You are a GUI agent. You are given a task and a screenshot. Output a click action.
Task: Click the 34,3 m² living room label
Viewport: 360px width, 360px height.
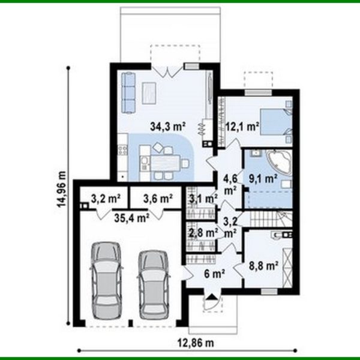[167, 127]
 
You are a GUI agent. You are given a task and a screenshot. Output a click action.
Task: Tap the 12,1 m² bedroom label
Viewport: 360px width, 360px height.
[242, 127]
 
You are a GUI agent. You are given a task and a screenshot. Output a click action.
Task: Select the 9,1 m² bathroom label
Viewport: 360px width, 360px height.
[263, 178]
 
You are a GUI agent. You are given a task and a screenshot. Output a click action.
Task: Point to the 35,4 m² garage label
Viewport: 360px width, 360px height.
[131, 218]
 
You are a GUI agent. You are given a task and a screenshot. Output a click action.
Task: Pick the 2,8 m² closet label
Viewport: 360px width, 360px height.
[203, 232]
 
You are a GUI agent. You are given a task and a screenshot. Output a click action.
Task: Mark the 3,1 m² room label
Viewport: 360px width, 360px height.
[203, 199]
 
